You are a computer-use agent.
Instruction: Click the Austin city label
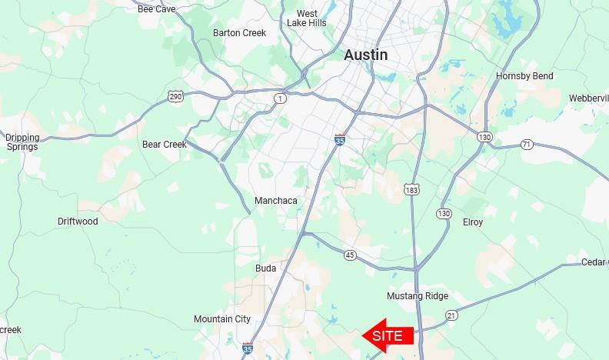click(365, 55)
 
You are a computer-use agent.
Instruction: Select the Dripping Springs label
click(22, 142)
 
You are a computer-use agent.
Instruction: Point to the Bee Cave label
click(156, 9)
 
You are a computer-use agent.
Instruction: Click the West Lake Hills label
click(307, 18)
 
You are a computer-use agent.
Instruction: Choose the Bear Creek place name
click(165, 145)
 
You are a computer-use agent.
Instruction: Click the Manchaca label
click(275, 201)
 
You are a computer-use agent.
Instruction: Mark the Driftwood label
click(78, 222)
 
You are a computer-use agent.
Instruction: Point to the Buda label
click(265, 268)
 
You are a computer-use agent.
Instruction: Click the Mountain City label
click(222, 319)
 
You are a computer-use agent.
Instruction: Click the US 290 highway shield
click(175, 95)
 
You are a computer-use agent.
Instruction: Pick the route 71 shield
click(526, 144)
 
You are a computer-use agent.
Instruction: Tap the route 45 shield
click(351, 255)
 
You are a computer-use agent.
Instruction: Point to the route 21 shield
click(451, 315)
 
